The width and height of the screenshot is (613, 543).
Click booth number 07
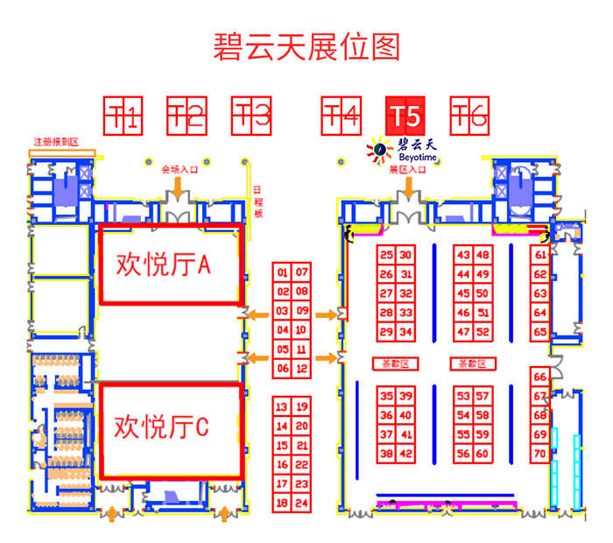[301, 272]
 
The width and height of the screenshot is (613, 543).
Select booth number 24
[301, 504]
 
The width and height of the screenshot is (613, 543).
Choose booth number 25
[386, 255]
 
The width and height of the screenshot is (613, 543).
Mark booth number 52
[483, 332]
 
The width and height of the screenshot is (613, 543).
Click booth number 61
[540, 255]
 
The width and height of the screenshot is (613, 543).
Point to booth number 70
[540, 454]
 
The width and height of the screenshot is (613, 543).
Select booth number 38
[386, 454]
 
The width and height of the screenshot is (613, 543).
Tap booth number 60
[483, 454]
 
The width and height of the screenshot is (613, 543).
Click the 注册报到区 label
[56, 142]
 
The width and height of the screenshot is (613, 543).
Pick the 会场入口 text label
[180, 170]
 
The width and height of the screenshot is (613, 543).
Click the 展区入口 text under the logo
[407, 170]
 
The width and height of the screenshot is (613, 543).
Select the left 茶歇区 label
[397, 363]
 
